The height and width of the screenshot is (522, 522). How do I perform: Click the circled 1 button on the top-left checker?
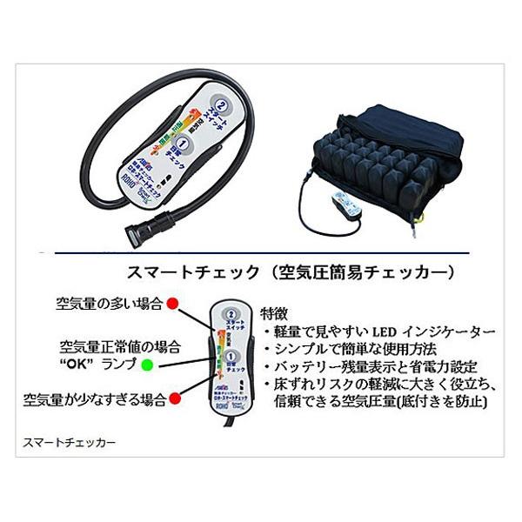point(184,137)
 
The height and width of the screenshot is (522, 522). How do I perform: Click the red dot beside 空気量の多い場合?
point(173,303)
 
